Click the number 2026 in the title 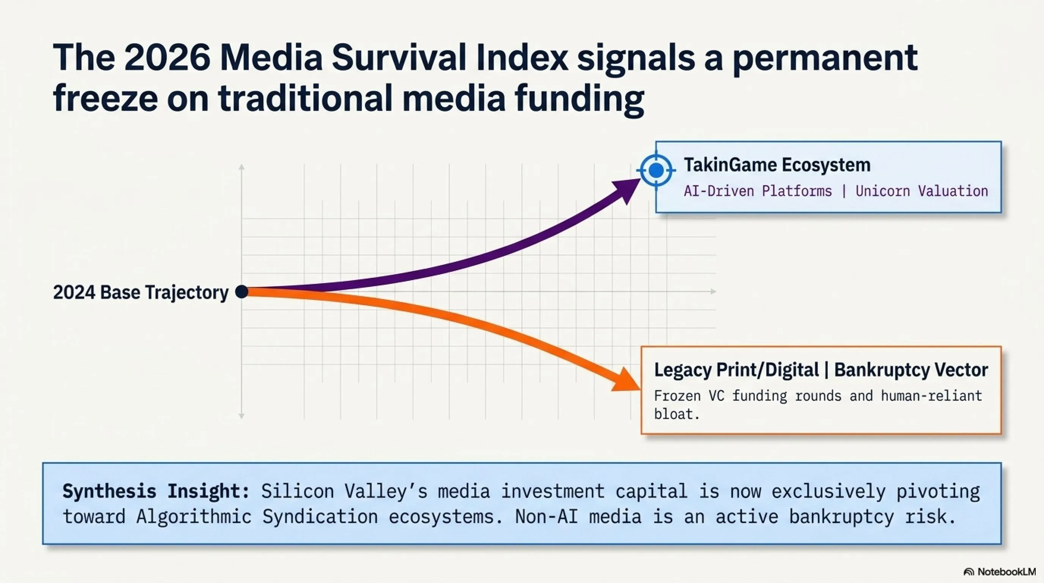[x=167, y=58]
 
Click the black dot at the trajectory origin [x=242, y=291]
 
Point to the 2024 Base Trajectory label [x=141, y=292]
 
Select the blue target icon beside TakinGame [x=656, y=170]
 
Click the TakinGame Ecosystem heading [x=777, y=165]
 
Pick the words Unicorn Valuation [x=921, y=191]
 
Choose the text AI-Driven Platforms [x=758, y=191]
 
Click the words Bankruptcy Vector [x=911, y=370]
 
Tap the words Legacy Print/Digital [x=736, y=370]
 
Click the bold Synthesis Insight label [x=156, y=492]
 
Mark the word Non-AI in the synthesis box [x=546, y=517]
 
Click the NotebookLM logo [x=999, y=572]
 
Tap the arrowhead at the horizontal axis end [x=713, y=291]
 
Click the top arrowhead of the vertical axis [x=242, y=167]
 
